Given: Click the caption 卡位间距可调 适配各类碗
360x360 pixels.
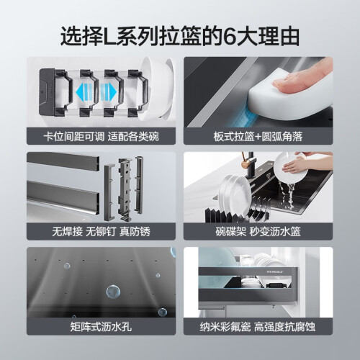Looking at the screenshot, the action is point(101,137).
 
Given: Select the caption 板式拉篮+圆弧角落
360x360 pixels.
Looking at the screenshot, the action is point(258,137).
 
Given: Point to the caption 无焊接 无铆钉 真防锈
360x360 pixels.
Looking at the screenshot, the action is point(101,232).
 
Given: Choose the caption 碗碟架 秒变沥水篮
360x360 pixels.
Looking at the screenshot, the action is point(258,232).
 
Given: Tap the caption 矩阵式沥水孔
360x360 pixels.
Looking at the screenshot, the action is point(101,327).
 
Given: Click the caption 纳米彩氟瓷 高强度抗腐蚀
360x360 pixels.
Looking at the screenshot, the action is point(258,327).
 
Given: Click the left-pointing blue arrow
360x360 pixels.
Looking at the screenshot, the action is point(86,92).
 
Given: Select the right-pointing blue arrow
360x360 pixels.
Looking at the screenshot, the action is point(109,92).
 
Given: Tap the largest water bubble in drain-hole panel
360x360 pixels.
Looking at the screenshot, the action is point(113,292).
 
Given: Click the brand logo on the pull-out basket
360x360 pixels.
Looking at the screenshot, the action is point(275,271).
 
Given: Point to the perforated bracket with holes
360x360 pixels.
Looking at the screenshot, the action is point(124,189).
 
